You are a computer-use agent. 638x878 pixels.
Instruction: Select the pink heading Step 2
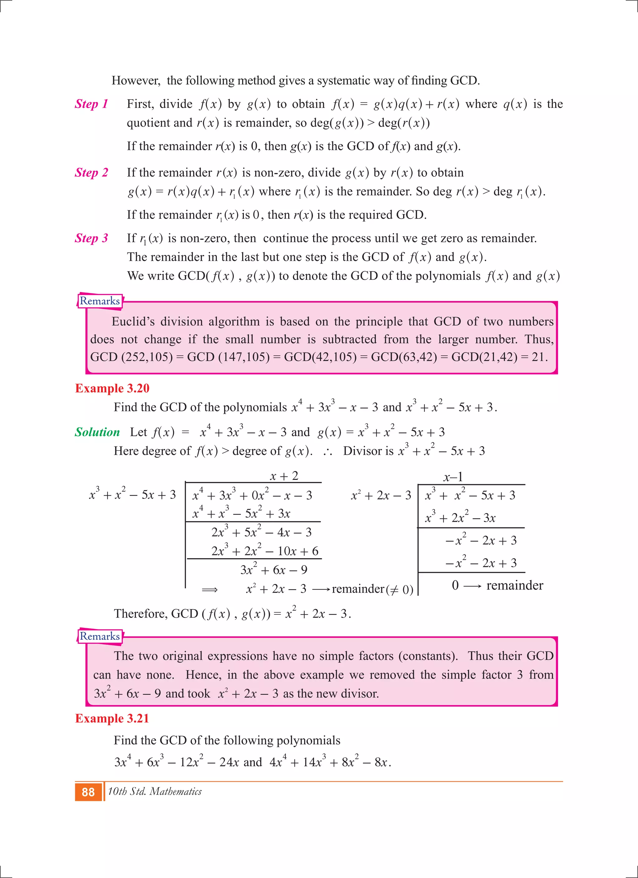click(92, 172)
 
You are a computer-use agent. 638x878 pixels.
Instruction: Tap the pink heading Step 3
click(92, 238)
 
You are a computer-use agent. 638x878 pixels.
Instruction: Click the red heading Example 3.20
click(112, 388)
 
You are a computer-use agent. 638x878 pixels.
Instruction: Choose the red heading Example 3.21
click(112, 718)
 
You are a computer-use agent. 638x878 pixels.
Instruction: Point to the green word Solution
click(97, 432)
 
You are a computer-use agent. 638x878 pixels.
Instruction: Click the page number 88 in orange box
click(88, 792)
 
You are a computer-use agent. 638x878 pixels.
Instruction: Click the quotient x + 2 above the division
click(284, 476)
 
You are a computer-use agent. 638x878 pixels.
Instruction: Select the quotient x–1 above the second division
click(453, 477)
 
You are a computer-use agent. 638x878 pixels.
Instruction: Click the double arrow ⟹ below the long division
click(210, 590)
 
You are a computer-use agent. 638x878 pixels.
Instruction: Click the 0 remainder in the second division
click(455, 585)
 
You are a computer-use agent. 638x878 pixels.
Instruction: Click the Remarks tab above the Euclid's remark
click(100, 301)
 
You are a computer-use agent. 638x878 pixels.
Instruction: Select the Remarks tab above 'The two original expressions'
click(100, 636)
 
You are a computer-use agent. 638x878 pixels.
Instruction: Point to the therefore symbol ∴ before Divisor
click(327, 452)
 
